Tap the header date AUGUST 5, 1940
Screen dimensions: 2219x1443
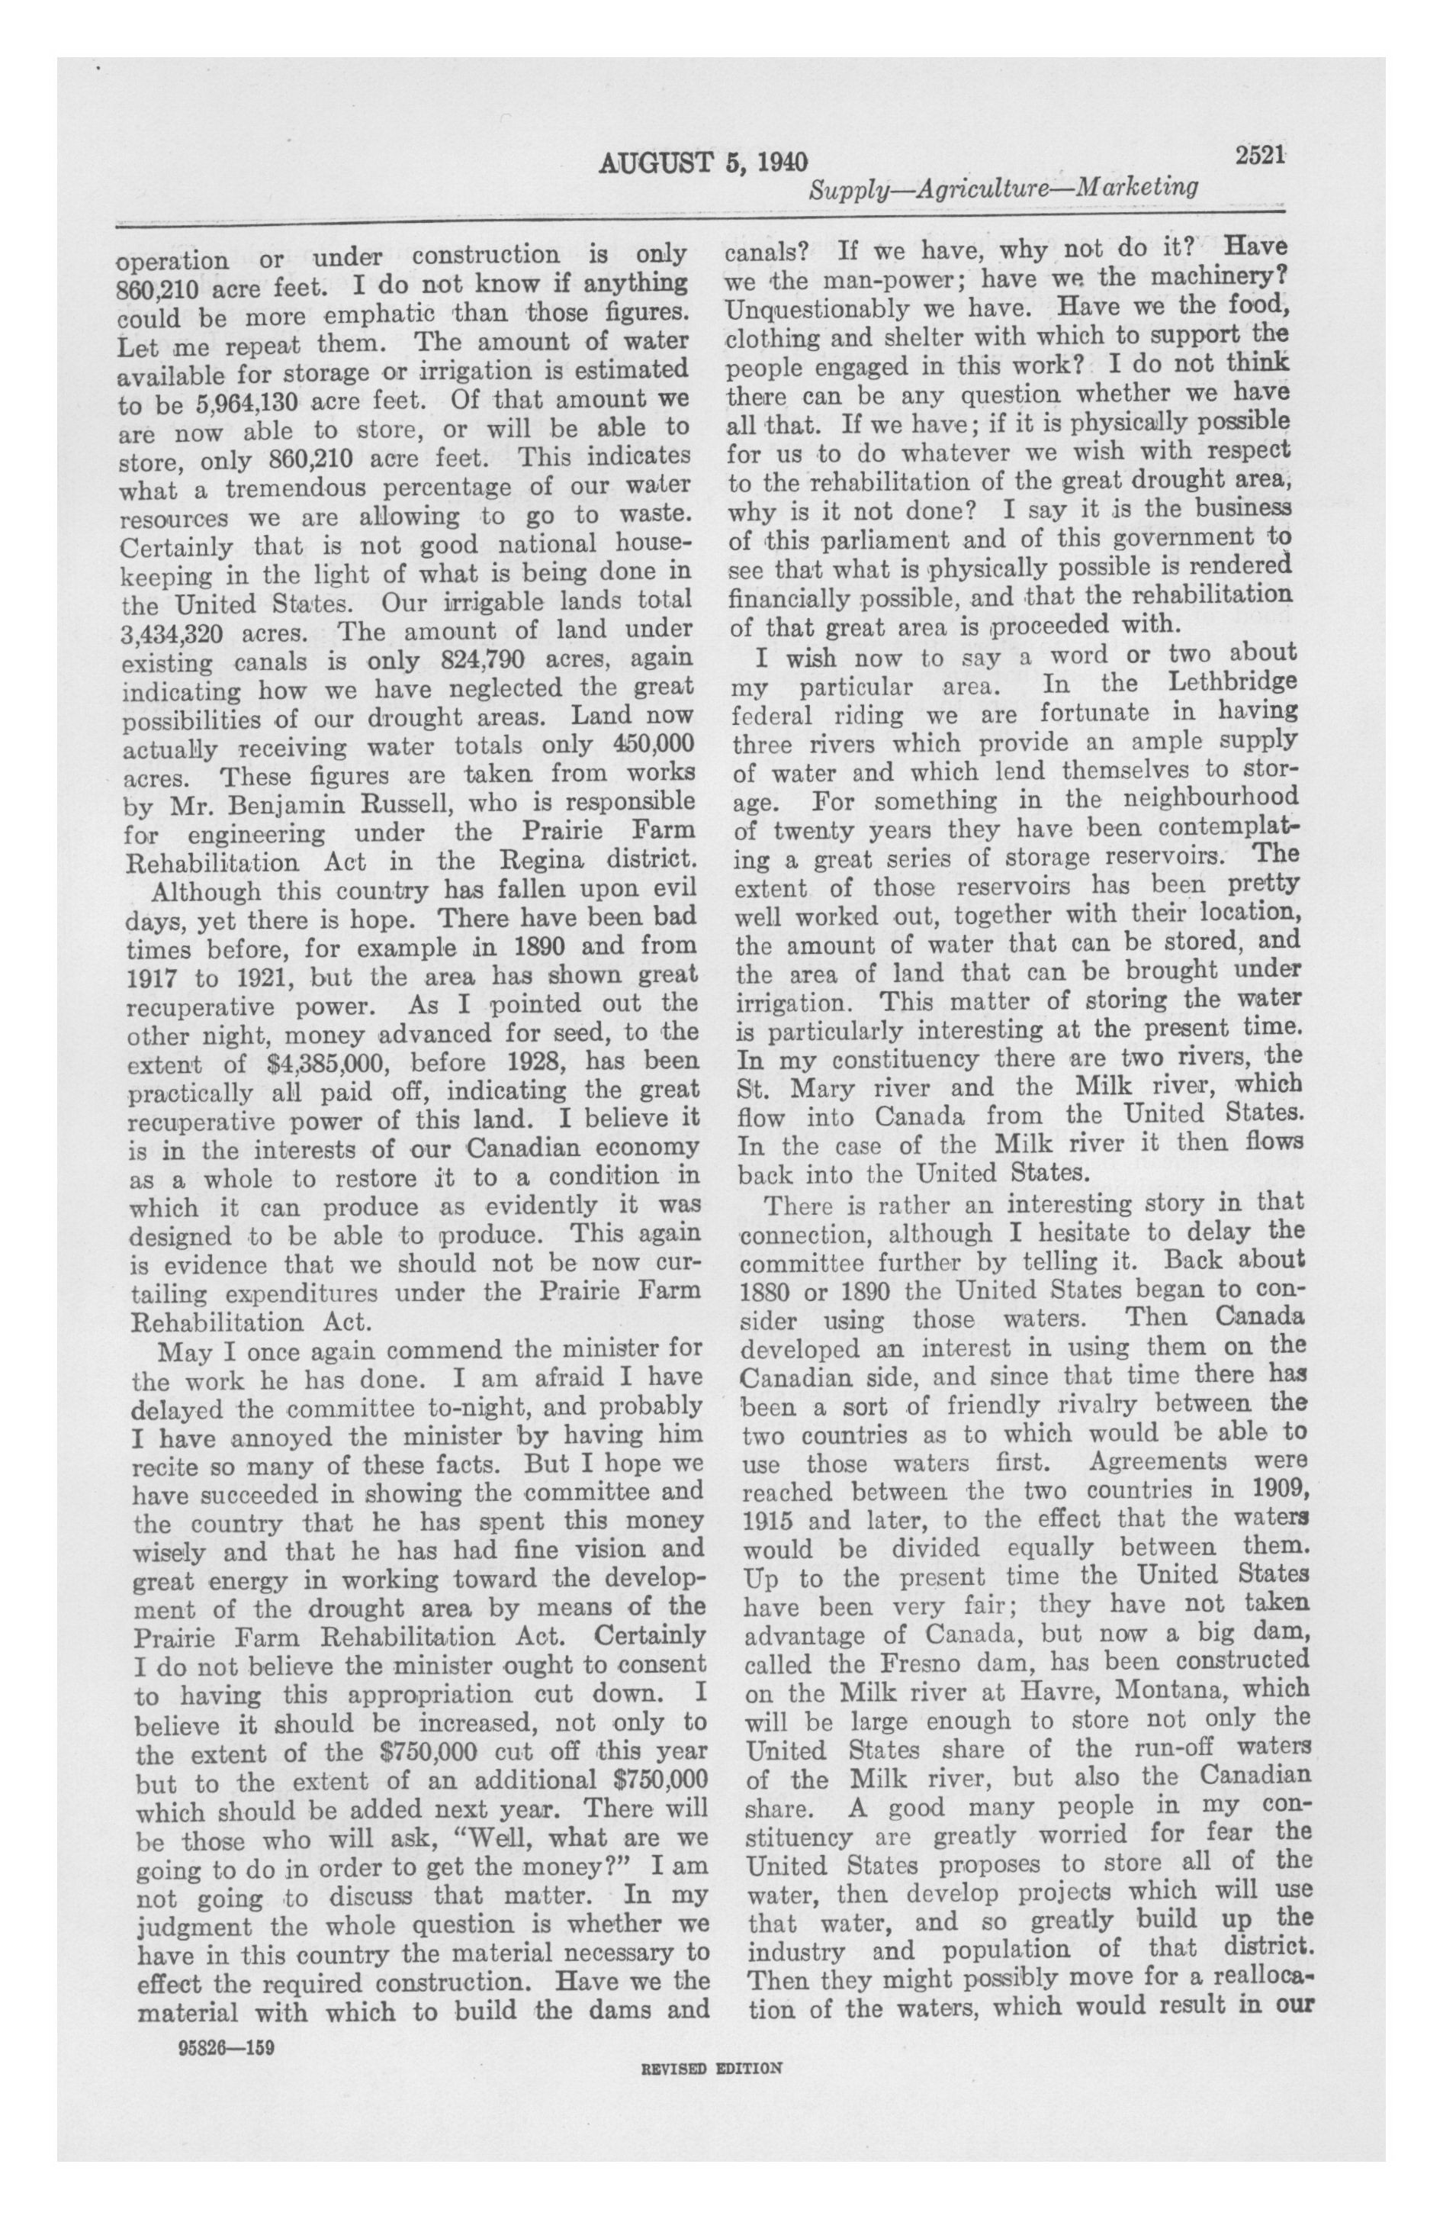point(703,163)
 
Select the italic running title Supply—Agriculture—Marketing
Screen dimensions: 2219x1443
point(1003,189)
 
